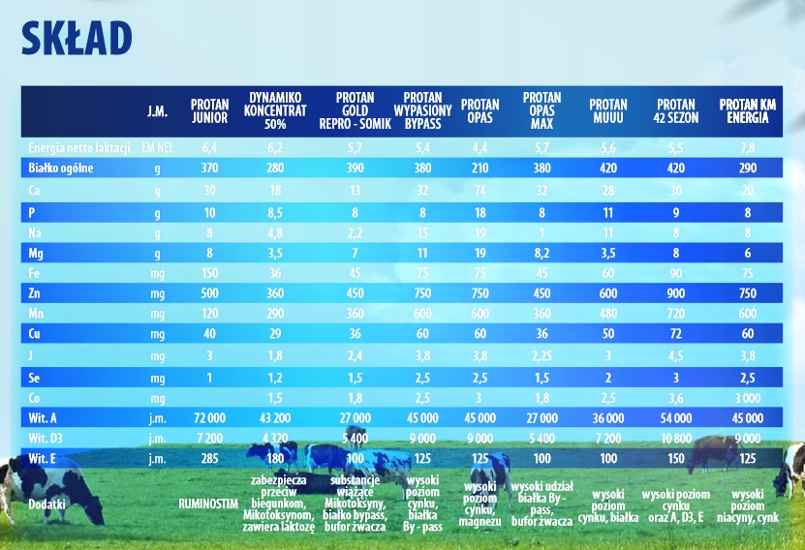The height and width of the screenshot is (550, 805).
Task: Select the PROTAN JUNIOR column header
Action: click(209, 110)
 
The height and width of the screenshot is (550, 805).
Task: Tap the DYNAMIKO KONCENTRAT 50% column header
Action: click(275, 110)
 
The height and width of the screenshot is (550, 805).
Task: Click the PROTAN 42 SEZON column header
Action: click(676, 110)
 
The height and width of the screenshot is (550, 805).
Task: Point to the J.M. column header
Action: click(157, 111)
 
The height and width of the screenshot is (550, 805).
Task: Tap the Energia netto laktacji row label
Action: click(78, 147)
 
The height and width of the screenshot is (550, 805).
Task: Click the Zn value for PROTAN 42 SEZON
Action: click(676, 293)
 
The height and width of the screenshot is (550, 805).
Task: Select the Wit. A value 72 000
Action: click(209, 417)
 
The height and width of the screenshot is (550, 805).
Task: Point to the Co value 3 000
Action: click(744, 397)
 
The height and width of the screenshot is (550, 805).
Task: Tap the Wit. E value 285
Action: click(209, 458)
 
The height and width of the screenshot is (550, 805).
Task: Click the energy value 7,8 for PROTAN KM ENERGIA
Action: click(744, 147)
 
